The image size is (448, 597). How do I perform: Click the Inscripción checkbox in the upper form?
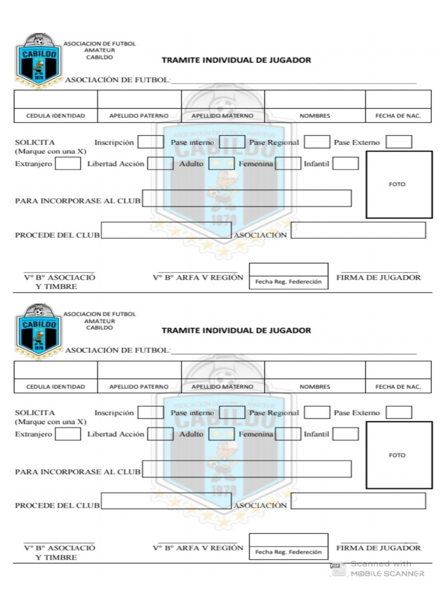pyautogui.click(x=150, y=142)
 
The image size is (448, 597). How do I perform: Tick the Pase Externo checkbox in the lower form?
pyautogui.click(x=399, y=412)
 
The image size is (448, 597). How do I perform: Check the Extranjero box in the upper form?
pyautogui.click(x=68, y=164)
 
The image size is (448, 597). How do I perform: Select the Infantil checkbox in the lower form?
pyautogui.click(x=345, y=434)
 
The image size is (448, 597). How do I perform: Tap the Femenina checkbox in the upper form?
pyautogui.click(x=288, y=163)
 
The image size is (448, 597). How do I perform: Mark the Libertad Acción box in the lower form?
pyautogui.click(x=160, y=434)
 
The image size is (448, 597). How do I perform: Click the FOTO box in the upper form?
pyautogui.click(x=399, y=184)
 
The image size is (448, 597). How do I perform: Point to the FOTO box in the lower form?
pyautogui.click(x=399, y=455)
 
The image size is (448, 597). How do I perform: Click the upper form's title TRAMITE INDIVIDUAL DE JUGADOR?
pyautogui.click(x=236, y=60)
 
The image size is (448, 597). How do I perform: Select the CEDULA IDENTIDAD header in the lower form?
pyautogui.click(x=55, y=387)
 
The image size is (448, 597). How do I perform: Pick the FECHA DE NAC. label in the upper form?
pyautogui.click(x=398, y=116)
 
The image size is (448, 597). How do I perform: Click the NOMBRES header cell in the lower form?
pyautogui.click(x=315, y=387)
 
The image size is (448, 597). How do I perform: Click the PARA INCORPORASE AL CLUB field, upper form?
pyautogui.click(x=247, y=198)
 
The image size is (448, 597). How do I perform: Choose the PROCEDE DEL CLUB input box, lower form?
pyautogui.click(x=166, y=500)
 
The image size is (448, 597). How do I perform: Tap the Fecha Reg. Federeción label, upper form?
pyautogui.click(x=288, y=282)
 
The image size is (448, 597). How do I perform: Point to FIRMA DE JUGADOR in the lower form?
pyautogui.click(x=379, y=548)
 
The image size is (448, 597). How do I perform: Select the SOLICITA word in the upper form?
pyautogui.click(x=35, y=142)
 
